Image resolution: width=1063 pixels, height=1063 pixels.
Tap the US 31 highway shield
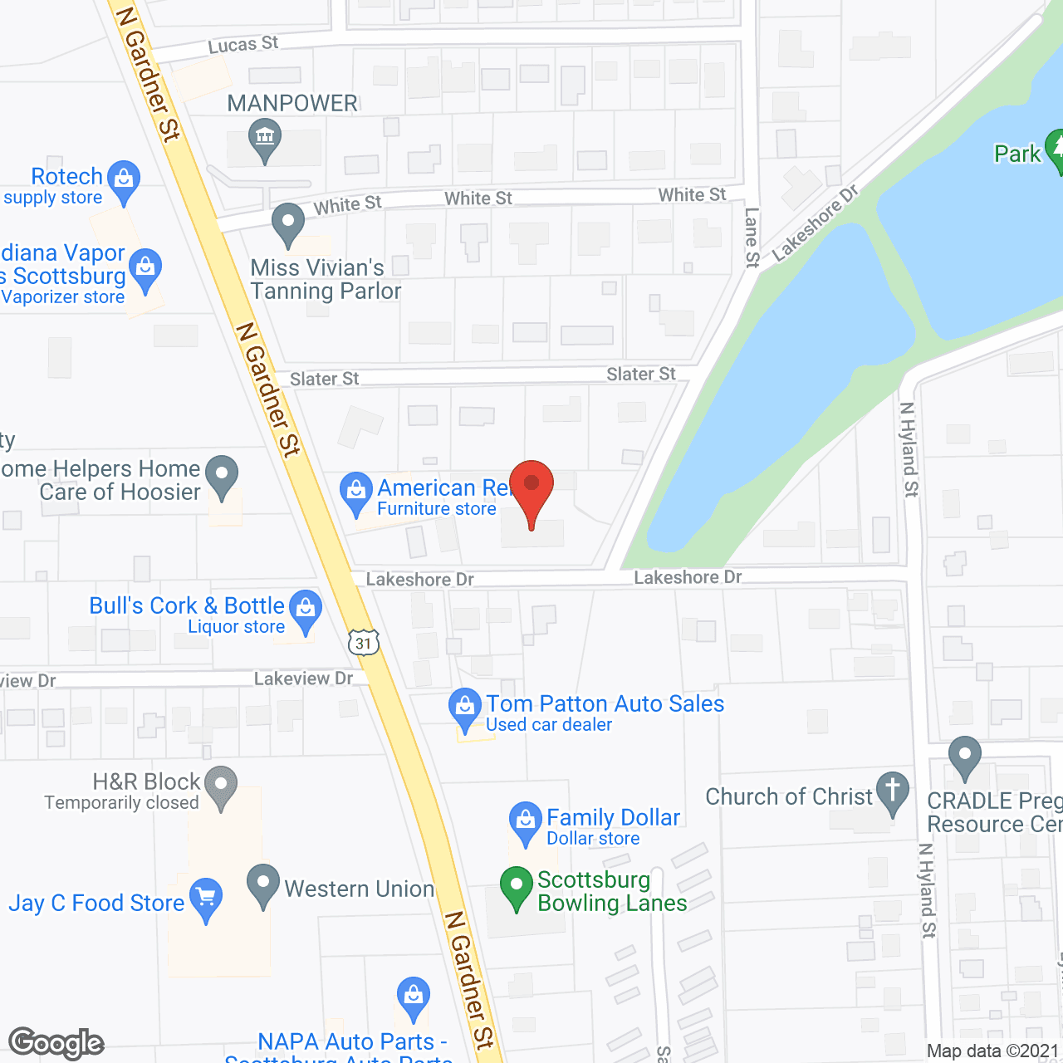(x=364, y=643)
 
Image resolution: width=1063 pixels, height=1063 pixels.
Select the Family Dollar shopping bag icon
(x=525, y=820)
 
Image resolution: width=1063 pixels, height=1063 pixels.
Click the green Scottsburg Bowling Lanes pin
(x=516, y=886)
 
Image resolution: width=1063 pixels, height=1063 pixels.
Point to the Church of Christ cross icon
(x=893, y=790)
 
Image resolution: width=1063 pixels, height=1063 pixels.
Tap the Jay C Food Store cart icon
(x=206, y=898)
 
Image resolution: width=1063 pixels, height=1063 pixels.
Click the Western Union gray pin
(x=263, y=884)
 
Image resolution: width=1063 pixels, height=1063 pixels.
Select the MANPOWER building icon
(x=265, y=137)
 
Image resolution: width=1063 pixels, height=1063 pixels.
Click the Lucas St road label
(x=243, y=44)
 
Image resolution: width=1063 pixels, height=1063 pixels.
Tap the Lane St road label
(x=752, y=238)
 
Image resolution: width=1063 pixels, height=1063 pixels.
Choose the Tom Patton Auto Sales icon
(x=465, y=708)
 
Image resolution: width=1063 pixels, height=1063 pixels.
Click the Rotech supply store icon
(x=125, y=179)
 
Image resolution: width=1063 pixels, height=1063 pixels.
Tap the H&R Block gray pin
(x=220, y=785)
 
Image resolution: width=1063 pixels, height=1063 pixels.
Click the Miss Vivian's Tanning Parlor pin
(x=288, y=223)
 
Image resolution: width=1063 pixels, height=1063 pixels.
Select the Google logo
(x=56, y=1043)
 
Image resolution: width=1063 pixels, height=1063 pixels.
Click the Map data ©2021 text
(x=992, y=1051)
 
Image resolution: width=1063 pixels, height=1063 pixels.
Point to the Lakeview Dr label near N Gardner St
(x=303, y=678)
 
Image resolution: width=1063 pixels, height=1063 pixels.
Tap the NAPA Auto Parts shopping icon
(x=413, y=996)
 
